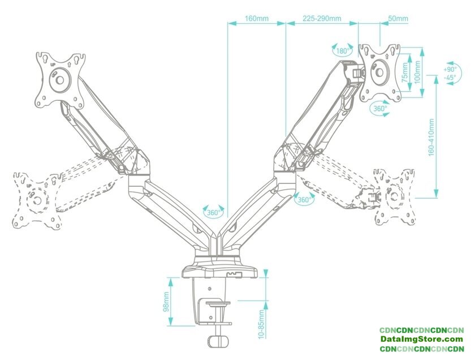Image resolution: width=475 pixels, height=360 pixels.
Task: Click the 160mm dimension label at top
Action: pos(257,19)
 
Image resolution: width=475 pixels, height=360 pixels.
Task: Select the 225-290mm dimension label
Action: pos(322,19)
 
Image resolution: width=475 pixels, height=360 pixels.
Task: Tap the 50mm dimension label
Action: pos(398,19)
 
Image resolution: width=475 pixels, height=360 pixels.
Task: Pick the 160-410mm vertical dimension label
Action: pos(431,138)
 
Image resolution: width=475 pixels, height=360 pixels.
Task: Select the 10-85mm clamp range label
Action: pos(261,324)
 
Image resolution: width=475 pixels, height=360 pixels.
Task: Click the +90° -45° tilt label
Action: pos(451,72)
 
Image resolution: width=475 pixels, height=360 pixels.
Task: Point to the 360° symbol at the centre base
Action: pos(213,212)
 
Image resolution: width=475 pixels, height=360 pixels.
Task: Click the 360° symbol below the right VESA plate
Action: pos(379,108)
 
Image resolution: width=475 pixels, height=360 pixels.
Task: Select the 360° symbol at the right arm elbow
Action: pos(304,199)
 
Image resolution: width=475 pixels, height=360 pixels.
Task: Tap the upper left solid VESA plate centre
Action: pos(60,80)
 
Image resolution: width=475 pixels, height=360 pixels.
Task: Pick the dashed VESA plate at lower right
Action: pos(394,196)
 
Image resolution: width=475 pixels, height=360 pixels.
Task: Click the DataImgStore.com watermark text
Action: pos(421,339)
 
